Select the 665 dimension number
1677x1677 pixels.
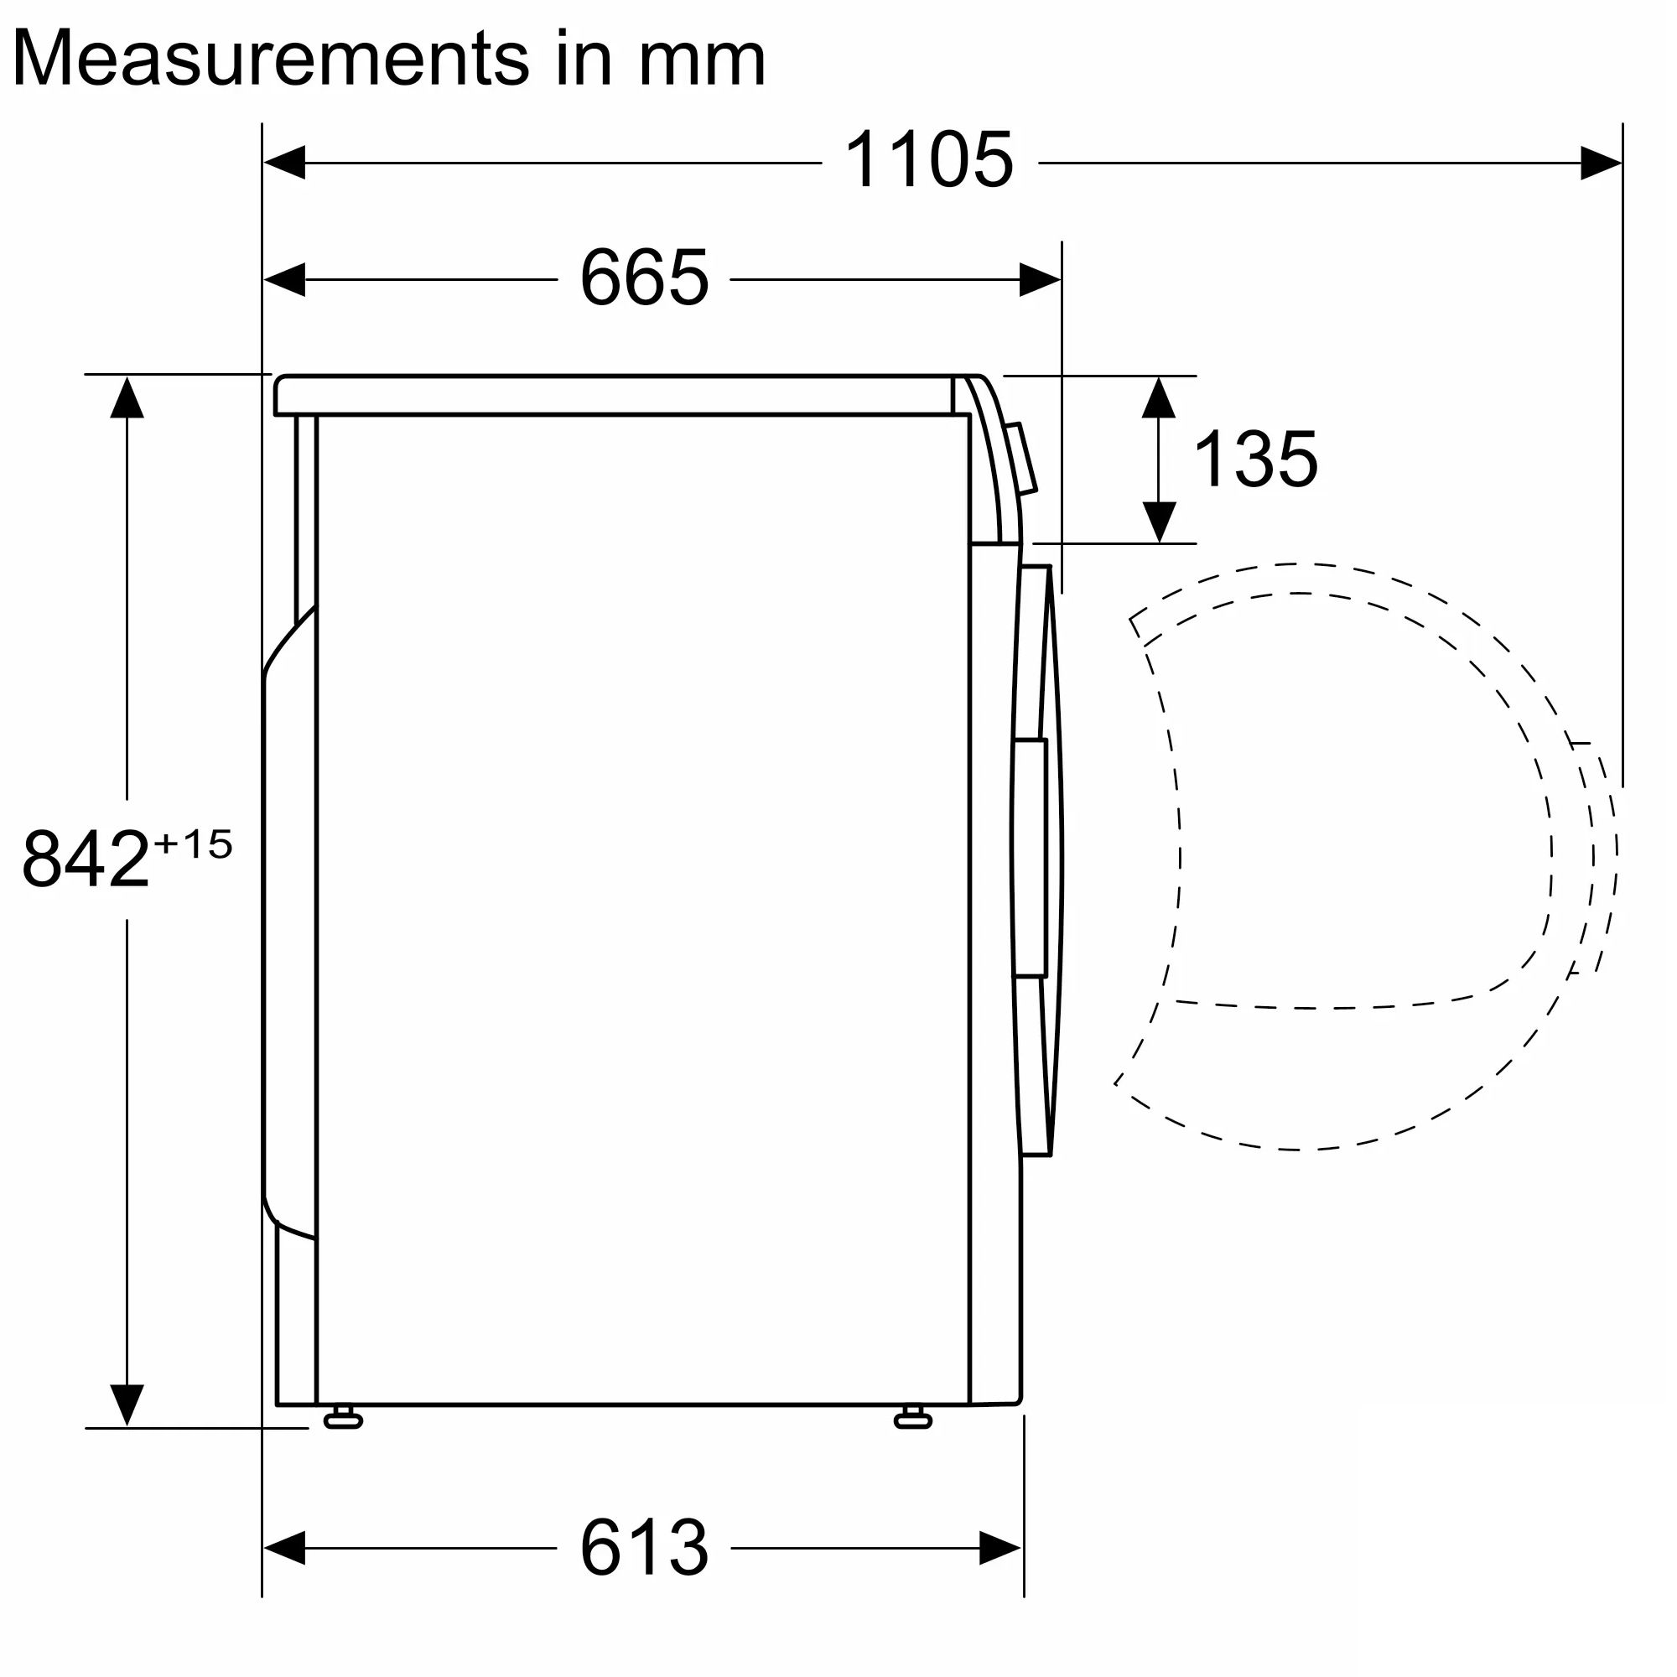[x=644, y=278]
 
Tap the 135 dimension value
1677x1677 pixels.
[x=1256, y=459]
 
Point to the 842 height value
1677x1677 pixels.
[x=86, y=859]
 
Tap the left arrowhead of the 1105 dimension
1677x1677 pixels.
[x=284, y=163]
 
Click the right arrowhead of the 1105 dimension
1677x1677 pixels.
[x=1601, y=163]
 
